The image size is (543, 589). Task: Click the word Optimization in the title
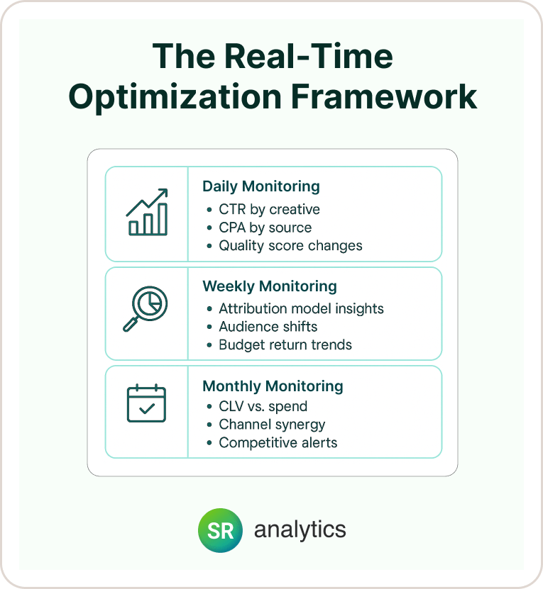tap(175, 97)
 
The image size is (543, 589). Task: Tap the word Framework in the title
tap(384, 96)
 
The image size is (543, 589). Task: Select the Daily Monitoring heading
tap(261, 186)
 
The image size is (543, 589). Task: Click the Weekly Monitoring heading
tap(270, 286)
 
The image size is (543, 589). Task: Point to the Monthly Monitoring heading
tap(273, 386)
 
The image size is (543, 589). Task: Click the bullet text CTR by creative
tap(270, 210)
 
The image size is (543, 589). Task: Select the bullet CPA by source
tap(265, 228)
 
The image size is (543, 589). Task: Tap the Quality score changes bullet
tap(290, 246)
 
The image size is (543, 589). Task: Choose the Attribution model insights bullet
tap(302, 309)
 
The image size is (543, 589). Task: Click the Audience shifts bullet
tap(268, 327)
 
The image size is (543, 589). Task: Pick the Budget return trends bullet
tap(285, 345)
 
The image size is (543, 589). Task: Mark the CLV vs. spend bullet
tap(263, 406)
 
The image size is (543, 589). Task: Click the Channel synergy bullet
tap(272, 425)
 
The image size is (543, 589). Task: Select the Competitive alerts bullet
tap(278, 443)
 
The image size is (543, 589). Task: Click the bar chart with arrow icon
tap(147, 212)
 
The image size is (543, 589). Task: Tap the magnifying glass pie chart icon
tap(146, 309)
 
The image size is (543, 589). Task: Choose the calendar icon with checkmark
tap(146, 403)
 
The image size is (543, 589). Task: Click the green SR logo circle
tap(221, 530)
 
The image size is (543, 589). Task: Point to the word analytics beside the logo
tap(300, 529)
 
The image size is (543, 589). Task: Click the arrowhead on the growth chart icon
tap(163, 193)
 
